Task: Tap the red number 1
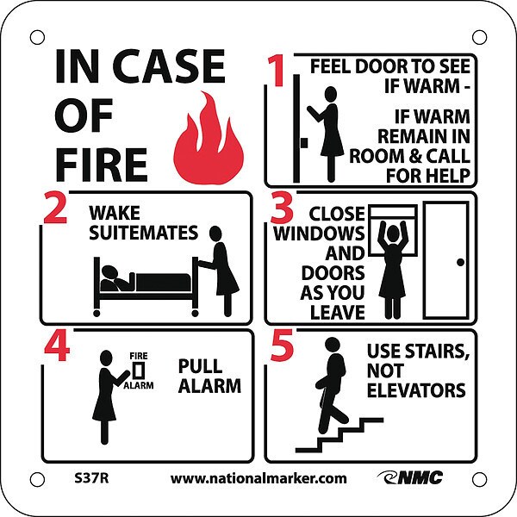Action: coord(276,71)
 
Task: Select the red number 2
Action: coord(55,209)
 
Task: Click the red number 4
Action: coord(57,346)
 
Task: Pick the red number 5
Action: coord(282,345)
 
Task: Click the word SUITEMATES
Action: coord(143,233)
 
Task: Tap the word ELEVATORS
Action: coord(416,390)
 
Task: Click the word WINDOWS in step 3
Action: coord(319,234)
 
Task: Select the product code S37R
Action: coord(91,478)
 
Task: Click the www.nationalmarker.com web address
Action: coord(258,478)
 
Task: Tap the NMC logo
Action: coord(410,477)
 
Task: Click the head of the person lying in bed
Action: coord(109,272)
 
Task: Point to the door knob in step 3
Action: coord(461,263)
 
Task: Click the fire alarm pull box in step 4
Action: coord(139,371)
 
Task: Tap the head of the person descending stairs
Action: coord(333,345)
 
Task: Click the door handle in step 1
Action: coord(304,143)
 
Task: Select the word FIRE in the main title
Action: coord(101,165)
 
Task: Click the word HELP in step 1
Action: coord(449,176)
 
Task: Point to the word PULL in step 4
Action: coord(200,366)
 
